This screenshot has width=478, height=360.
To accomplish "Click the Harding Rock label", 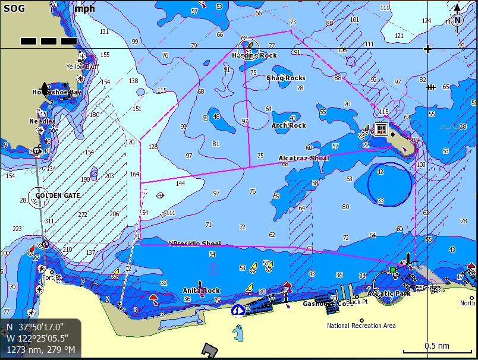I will pos(254,55).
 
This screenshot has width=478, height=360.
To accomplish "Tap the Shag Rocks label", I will pos(286,78).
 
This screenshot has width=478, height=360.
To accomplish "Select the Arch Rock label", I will pos(289,125).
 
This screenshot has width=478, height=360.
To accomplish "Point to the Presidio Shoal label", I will pos(197,244).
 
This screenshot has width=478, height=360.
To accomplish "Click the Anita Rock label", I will pos(202,290).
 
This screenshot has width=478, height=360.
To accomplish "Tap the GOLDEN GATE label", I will pos(57,195).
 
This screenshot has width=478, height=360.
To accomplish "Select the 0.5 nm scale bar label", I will pos(436,346).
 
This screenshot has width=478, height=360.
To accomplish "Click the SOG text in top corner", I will pos(15,8).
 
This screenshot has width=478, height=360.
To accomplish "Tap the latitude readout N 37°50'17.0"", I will pos(35,327).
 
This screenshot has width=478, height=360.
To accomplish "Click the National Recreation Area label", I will pos(361,326).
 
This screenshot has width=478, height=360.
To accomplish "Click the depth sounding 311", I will pos(49,221).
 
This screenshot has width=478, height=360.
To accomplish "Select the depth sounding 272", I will pos(83,214).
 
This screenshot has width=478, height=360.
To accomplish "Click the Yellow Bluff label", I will pos(83,67).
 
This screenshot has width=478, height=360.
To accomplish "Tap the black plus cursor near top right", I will pos(427,49).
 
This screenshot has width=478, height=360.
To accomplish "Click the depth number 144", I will pos(180,184).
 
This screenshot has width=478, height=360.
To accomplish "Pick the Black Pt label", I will pos(357,302).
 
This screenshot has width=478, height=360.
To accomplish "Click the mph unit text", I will pos(85,8).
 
